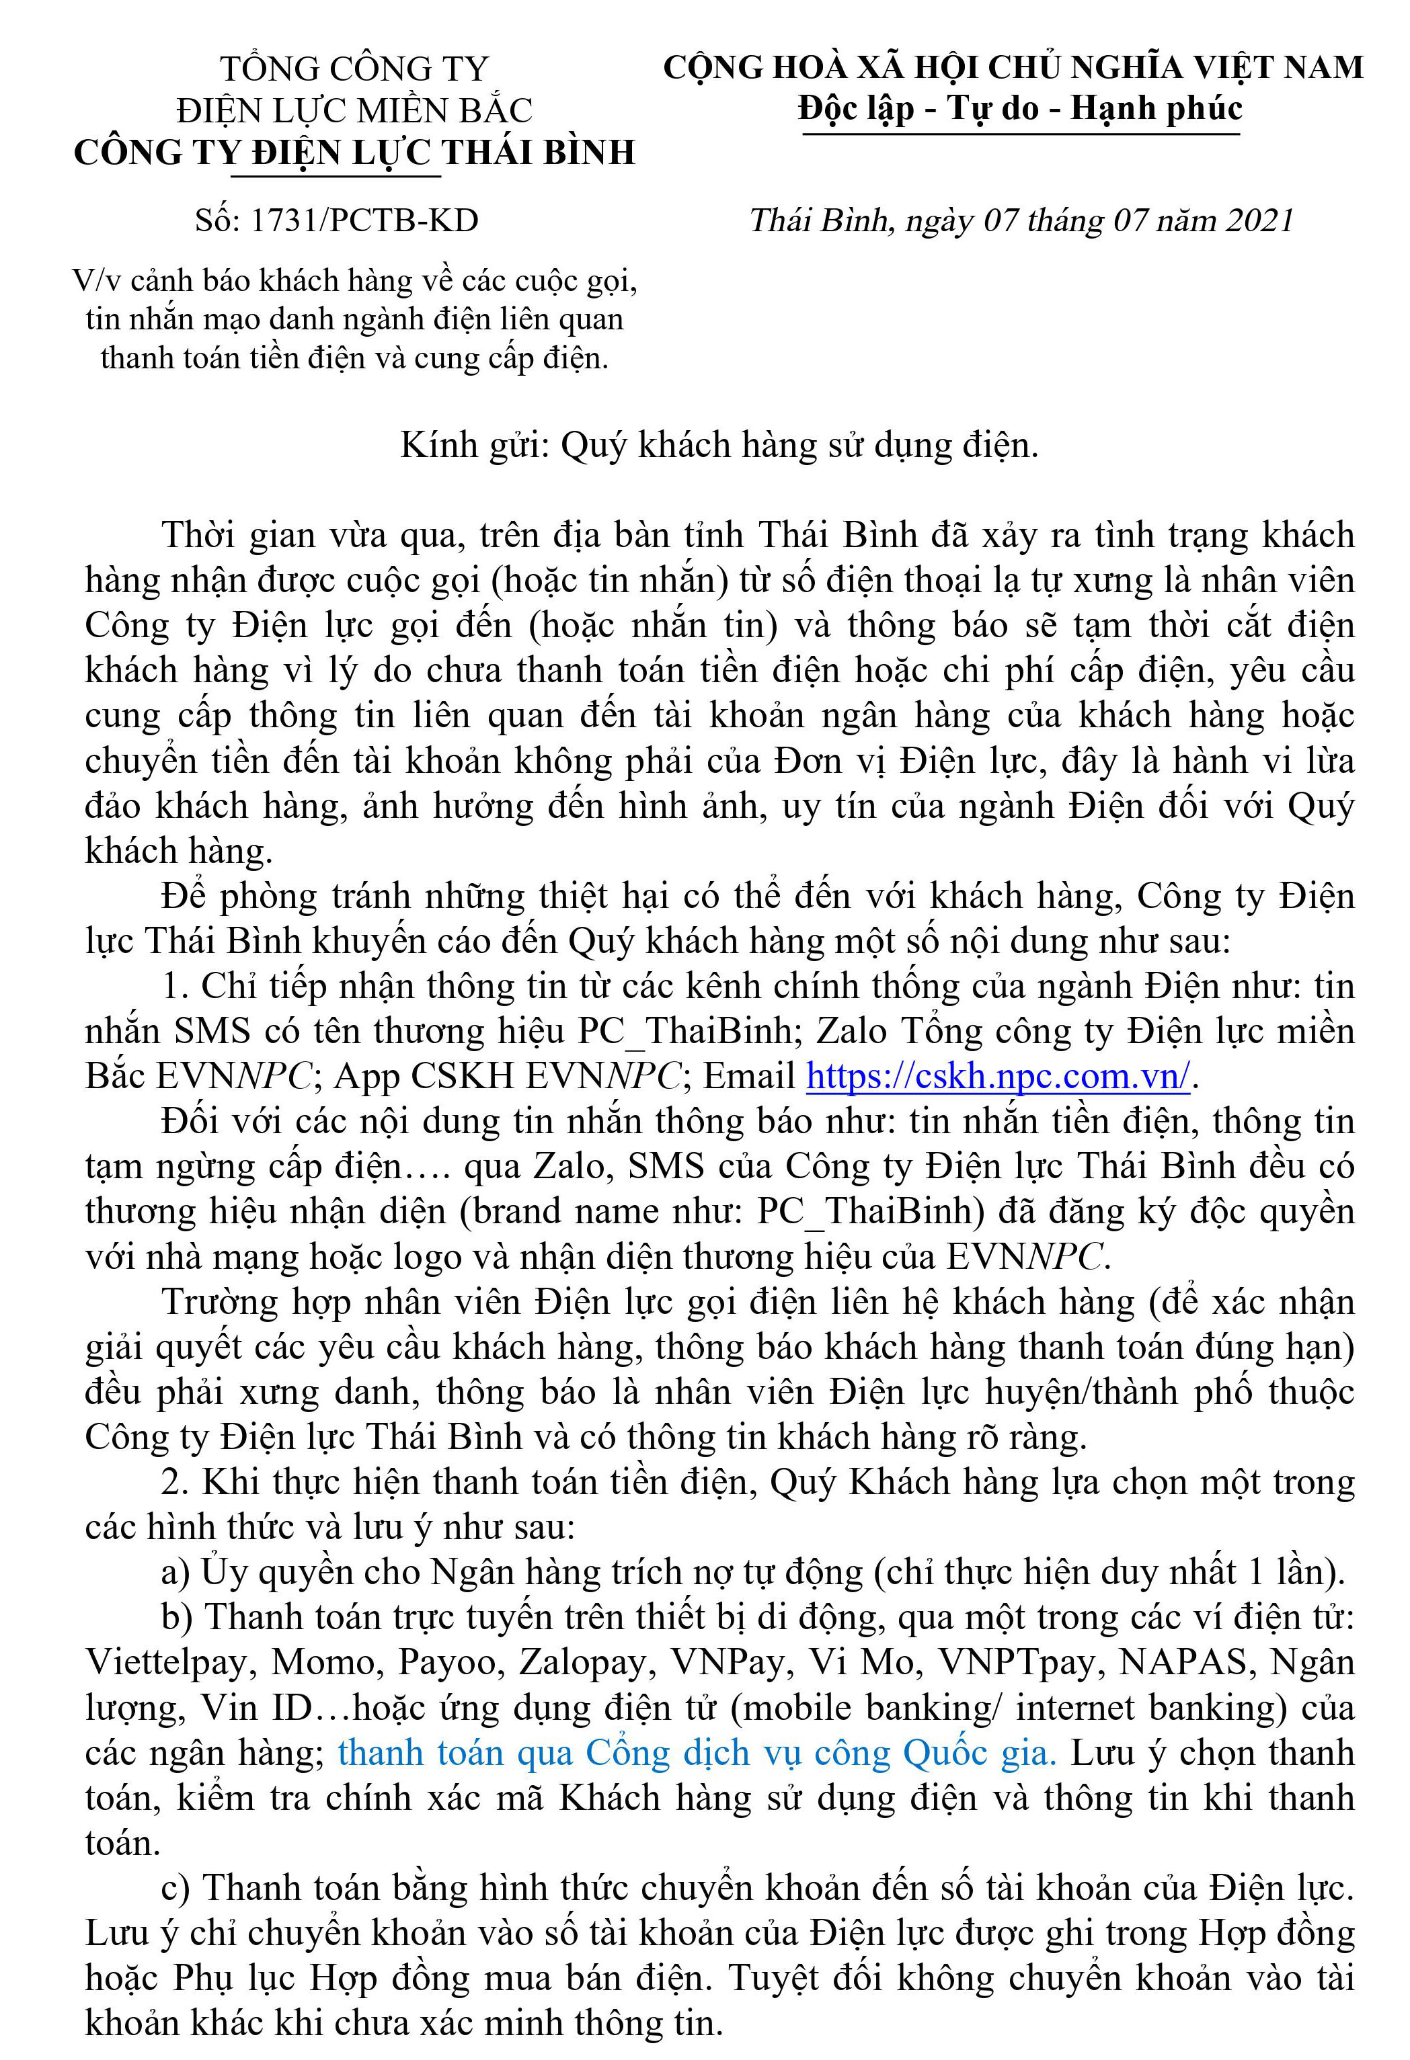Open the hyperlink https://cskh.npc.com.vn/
coord(998,1076)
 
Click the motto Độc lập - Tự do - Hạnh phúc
coord(1020,109)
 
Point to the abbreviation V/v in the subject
coord(95,281)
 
